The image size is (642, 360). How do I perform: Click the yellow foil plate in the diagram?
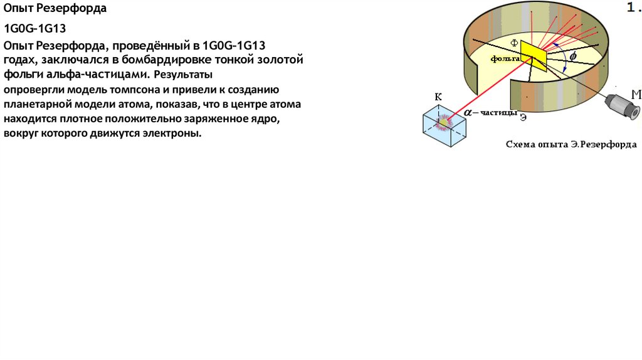pyautogui.click(x=533, y=55)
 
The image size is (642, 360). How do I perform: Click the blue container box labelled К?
pyautogui.click(x=445, y=124)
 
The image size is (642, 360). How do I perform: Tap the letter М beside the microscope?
pyautogui.click(x=636, y=95)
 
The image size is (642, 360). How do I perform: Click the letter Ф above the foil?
pyautogui.click(x=515, y=43)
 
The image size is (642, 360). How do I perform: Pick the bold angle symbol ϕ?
pyautogui.click(x=572, y=56)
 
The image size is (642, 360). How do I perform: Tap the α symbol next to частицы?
pyautogui.click(x=468, y=112)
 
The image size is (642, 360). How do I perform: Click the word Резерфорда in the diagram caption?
pyautogui.click(x=608, y=144)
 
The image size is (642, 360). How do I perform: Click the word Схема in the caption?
pyautogui.click(x=522, y=144)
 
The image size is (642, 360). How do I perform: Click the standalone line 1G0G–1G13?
pyautogui.click(x=35, y=28)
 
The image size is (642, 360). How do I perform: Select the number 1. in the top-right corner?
pyautogui.click(x=633, y=8)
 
